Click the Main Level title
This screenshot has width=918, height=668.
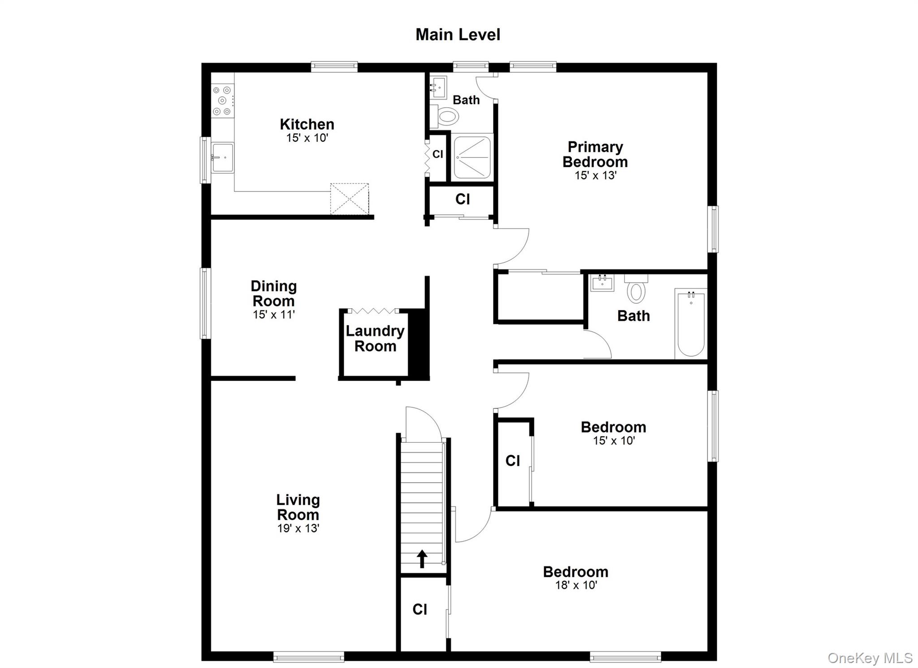458,35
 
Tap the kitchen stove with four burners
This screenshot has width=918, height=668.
222,101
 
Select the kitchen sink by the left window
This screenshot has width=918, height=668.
222,157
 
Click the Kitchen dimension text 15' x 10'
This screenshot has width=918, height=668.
307,138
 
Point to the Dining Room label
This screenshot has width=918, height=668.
273,293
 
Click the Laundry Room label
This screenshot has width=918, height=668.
375,338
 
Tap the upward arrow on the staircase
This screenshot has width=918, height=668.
422,559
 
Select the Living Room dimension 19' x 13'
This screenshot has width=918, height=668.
298,528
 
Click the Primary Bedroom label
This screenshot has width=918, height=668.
595,154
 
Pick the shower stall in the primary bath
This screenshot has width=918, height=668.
472,157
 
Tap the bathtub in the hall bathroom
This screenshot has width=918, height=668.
691,323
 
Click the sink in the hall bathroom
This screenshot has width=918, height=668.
602,284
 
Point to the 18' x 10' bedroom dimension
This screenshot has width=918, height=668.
576,585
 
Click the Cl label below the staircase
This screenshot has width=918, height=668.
420,609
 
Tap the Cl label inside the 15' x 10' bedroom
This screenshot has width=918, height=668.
512,460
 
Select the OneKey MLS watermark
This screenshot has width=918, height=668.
870,658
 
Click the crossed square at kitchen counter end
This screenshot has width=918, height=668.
350,199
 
